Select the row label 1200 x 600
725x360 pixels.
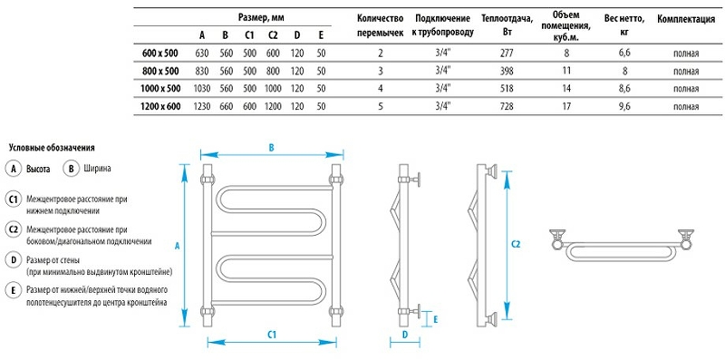point(159,106)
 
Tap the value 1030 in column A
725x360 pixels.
point(201,89)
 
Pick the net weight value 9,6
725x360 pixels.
point(623,106)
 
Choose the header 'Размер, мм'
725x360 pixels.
point(261,18)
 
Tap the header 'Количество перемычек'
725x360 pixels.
point(380,25)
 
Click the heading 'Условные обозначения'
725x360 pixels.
point(52,147)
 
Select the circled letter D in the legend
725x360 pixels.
point(13,259)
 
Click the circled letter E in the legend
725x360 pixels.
point(13,290)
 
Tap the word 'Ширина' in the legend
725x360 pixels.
point(97,169)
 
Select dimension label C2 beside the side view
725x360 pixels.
point(516,244)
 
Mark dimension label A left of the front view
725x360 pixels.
point(179,246)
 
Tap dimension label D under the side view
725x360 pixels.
point(405,336)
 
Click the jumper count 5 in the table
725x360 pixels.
point(380,106)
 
